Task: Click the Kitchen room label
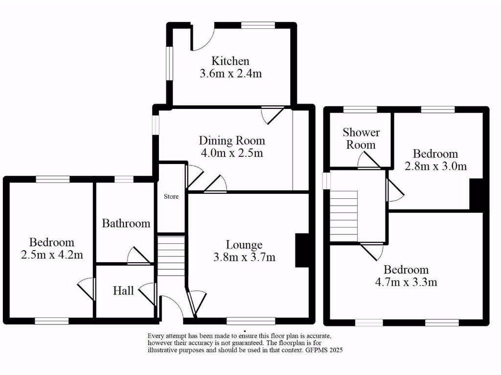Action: coord(230,61)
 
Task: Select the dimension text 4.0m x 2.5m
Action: coord(231,153)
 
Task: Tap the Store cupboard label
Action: coord(171,197)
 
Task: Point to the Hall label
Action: coord(123,291)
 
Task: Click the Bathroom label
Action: coord(126,224)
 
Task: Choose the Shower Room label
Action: coord(361,138)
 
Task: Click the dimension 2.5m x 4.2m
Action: coord(52,254)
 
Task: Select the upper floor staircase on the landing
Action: coord(344,216)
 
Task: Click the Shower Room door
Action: coord(368,160)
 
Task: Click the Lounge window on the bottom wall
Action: coord(251,321)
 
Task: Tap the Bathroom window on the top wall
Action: coord(124,179)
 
